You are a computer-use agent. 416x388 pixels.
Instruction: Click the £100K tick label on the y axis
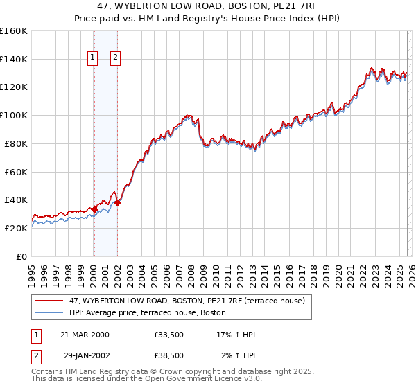(14, 115)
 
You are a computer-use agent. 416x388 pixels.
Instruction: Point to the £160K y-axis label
(14, 30)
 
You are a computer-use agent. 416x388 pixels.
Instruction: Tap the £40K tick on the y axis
(16, 200)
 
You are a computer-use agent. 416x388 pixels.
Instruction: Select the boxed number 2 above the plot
(115, 59)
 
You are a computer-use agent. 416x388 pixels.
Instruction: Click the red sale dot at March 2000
(94, 209)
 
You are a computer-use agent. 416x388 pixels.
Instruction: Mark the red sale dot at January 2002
(117, 202)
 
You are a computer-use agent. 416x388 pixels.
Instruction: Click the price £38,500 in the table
(169, 355)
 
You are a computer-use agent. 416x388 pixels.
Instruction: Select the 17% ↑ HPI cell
(236, 335)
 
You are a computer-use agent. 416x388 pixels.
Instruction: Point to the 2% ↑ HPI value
(237, 355)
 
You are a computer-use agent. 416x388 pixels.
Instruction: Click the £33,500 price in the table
(169, 335)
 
